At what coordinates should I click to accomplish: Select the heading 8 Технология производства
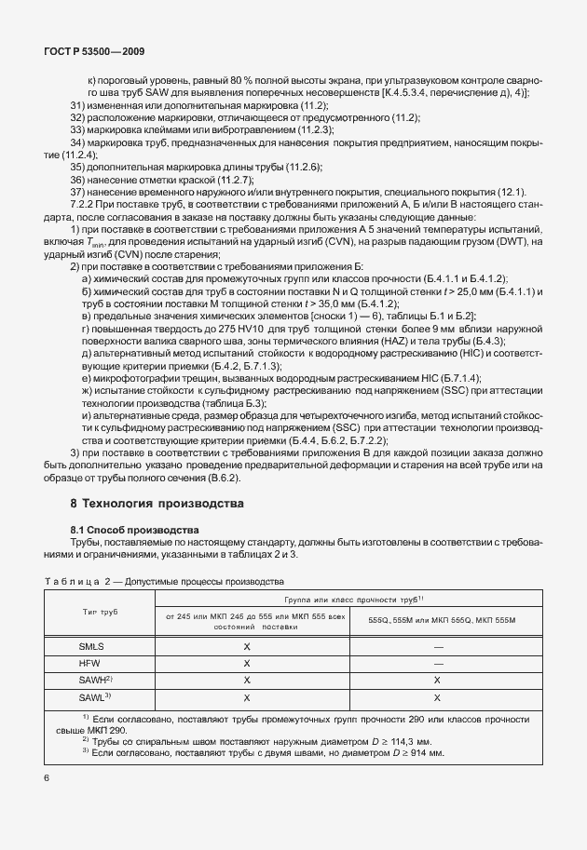[x=157, y=504]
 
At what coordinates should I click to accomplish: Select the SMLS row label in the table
[x=91, y=646]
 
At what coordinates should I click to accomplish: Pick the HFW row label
[x=91, y=664]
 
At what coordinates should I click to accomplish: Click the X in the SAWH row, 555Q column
[x=436, y=681]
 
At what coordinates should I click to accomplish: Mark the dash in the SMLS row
[x=436, y=646]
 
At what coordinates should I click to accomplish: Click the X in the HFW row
[x=247, y=664]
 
